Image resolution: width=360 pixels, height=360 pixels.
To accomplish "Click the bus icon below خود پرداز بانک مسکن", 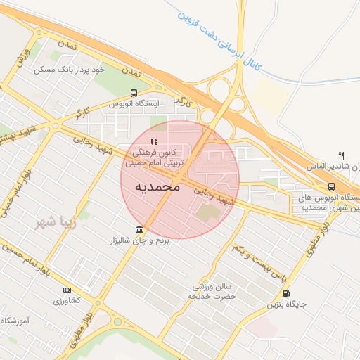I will [134, 93].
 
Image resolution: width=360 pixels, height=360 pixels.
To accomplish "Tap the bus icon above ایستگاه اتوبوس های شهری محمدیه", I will [330, 186].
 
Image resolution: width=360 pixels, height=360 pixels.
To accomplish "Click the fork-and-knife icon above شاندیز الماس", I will [341, 155].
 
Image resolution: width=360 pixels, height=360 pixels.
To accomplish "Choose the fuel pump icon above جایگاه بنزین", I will [286, 294].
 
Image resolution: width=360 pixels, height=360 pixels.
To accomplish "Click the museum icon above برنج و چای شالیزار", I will [140, 230].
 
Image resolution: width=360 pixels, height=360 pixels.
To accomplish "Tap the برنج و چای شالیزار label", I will [140, 241].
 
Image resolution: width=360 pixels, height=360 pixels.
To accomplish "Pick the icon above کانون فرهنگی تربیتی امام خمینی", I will [154, 142].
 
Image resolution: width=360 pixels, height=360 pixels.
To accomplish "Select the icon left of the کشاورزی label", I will [67, 290].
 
